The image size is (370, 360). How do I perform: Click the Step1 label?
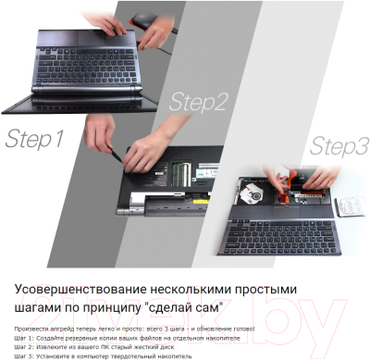[x=34, y=140]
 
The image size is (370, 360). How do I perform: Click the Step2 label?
[x=197, y=102]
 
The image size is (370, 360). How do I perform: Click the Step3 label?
[x=339, y=146]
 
